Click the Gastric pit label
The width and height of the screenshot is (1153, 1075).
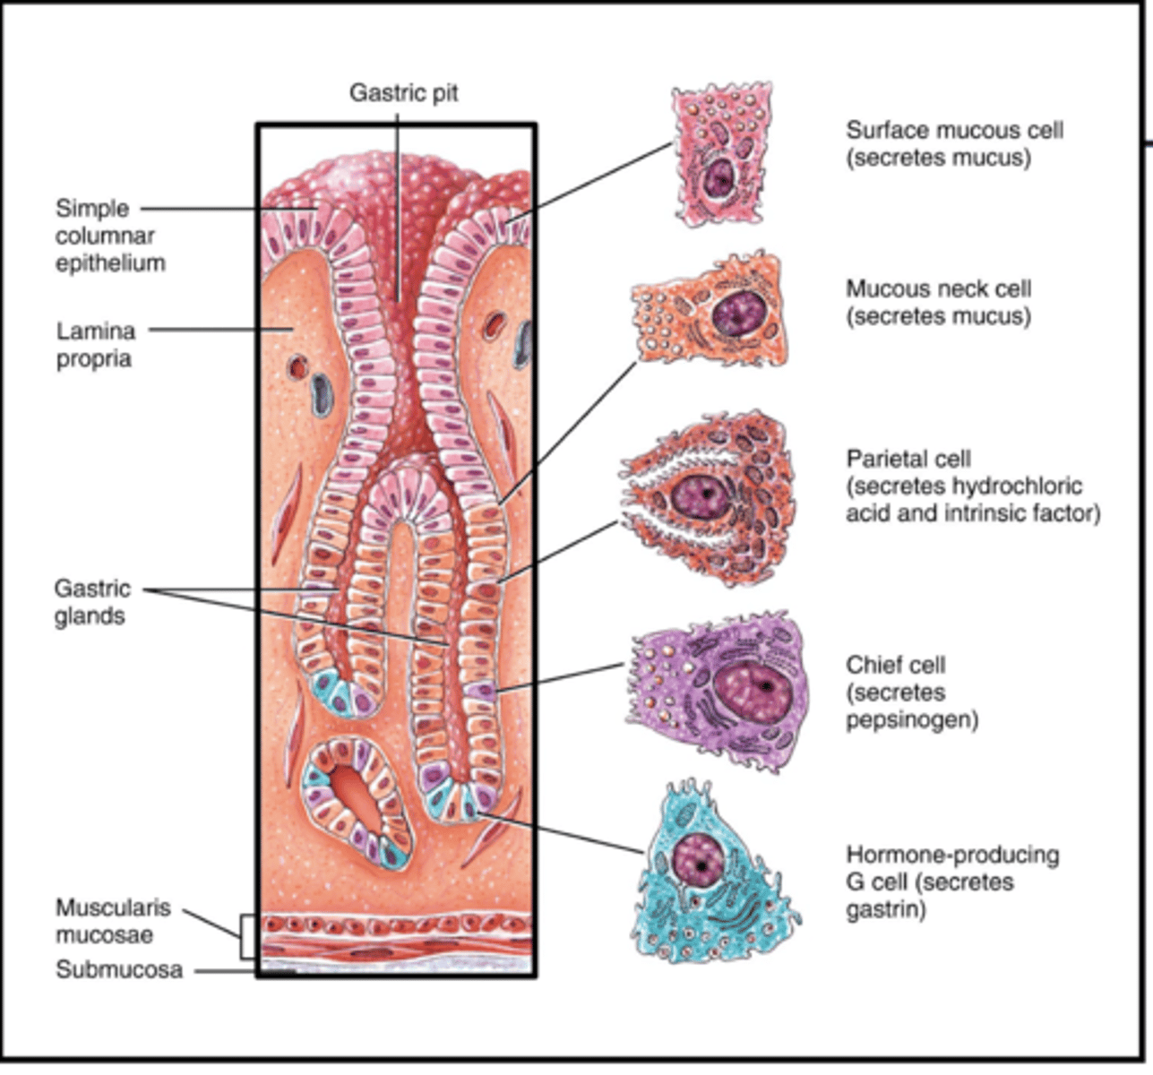403,92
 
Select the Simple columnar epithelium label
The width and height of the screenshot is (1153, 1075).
109,236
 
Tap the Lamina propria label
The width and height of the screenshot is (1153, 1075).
96,345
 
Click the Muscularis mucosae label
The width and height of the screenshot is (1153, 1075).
112,921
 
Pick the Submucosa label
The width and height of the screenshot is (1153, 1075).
118,970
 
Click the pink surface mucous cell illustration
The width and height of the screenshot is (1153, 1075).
722,157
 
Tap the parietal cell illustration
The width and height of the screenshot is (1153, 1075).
708,498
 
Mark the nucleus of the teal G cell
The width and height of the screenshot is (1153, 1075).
697,857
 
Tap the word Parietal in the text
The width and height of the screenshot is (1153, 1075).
882,460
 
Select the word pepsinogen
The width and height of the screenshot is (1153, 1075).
911,720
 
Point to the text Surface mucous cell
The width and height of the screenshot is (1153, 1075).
954,131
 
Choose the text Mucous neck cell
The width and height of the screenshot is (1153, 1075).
938,289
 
